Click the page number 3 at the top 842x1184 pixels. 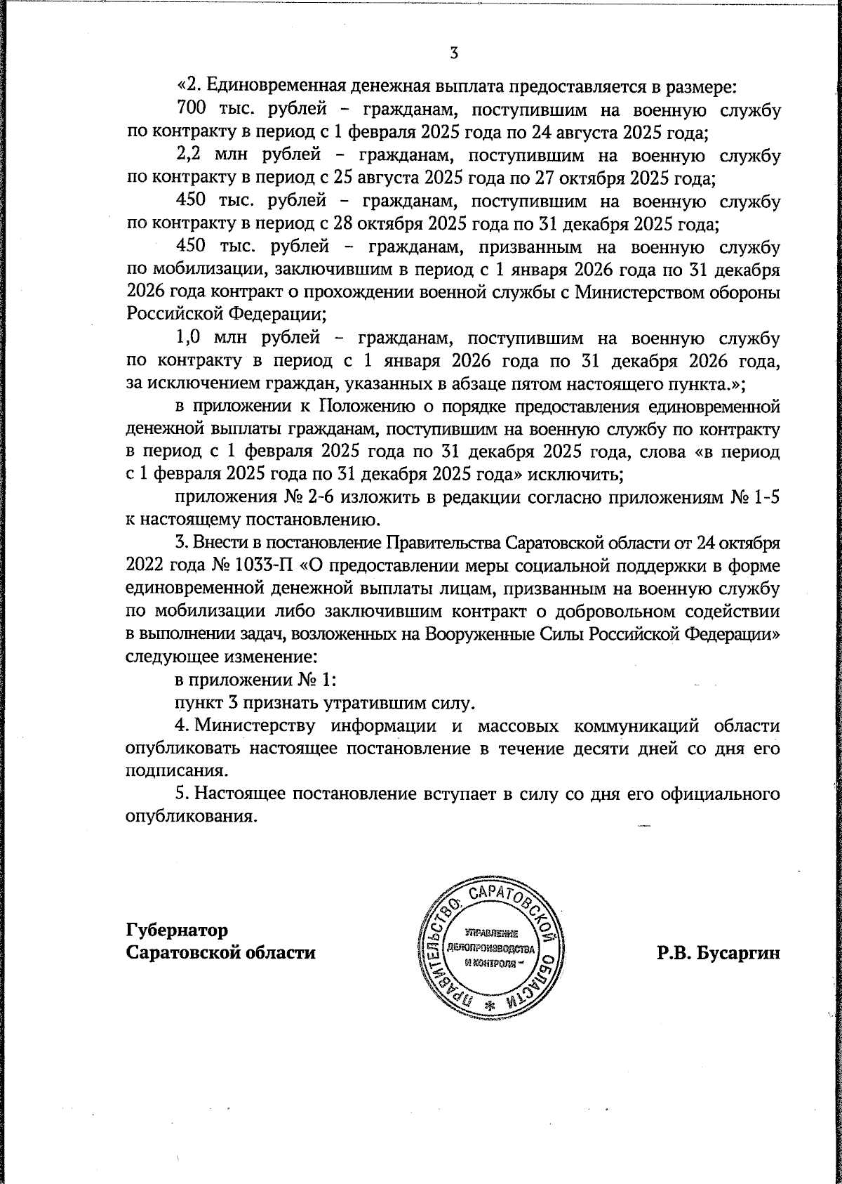[x=454, y=53]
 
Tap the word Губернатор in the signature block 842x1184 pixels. [x=177, y=930]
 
